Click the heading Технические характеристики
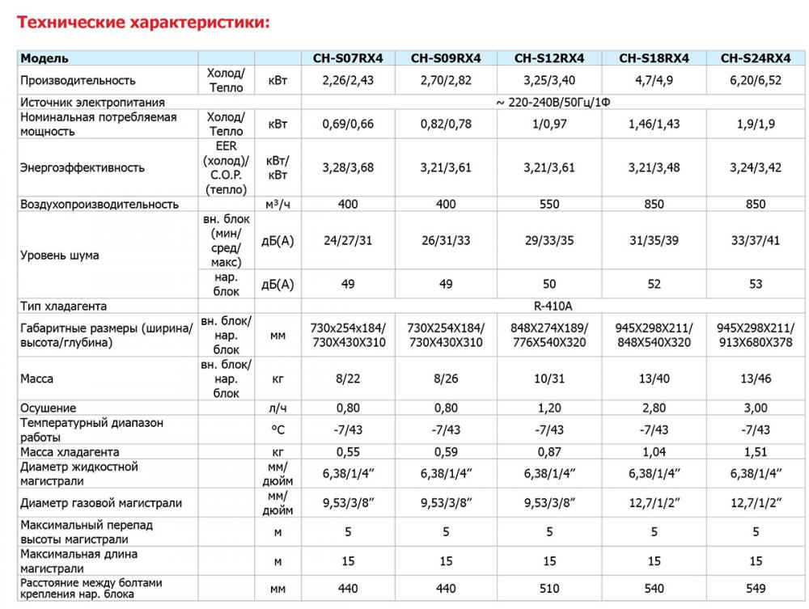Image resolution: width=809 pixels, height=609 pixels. tap(143, 23)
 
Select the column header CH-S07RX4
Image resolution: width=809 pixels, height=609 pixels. tap(348, 58)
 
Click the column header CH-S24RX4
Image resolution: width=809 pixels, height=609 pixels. tap(755, 58)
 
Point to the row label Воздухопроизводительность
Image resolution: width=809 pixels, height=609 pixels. tap(100, 205)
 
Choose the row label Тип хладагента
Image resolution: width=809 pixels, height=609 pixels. tap(64, 307)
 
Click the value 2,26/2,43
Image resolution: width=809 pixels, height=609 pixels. tap(348, 81)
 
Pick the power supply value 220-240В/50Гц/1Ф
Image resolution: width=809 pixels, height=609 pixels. tap(553, 103)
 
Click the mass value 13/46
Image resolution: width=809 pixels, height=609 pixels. tap(755, 379)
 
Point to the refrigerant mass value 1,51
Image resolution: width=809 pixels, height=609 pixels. tap(755, 452)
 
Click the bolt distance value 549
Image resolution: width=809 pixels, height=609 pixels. tap(755, 590)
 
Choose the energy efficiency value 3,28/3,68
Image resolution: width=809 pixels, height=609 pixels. tap(348, 168)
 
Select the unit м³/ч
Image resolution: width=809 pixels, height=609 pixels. tap(277, 205)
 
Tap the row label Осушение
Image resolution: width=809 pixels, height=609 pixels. tap(49, 408)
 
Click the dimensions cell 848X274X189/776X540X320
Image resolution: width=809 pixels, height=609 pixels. tap(549, 336)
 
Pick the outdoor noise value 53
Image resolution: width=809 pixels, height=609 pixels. tap(755, 285)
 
